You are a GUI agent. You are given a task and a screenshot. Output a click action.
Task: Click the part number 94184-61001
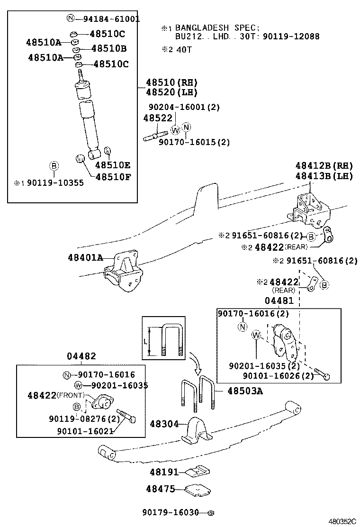click(x=111, y=19)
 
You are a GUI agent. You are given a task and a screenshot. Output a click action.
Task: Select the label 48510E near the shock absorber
click(x=113, y=165)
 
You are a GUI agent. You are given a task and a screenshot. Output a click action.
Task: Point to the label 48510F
click(x=113, y=177)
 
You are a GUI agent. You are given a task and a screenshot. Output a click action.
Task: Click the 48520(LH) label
click(x=164, y=92)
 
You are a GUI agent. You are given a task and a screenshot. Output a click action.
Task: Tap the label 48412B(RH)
click(x=324, y=166)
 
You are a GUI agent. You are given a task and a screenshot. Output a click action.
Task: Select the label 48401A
click(x=85, y=258)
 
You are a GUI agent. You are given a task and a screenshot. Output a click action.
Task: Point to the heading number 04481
click(x=279, y=300)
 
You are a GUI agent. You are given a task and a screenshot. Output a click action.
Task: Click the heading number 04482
click(x=81, y=356)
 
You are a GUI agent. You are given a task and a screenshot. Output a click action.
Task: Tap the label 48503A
click(x=245, y=391)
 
